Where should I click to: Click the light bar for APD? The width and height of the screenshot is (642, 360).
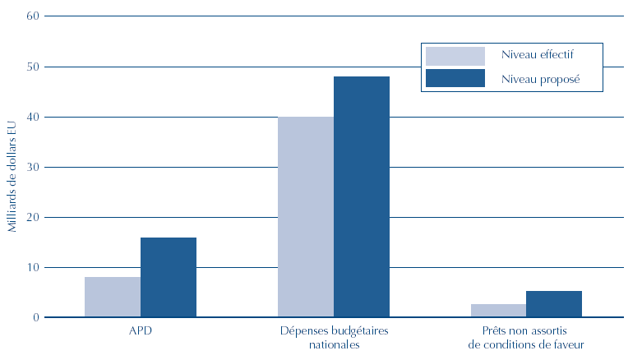(113, 297)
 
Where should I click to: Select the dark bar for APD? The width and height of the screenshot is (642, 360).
(169, 277)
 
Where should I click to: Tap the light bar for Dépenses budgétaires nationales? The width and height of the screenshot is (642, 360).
(306, 217)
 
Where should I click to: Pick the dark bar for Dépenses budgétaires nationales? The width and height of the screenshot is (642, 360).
(362, 197)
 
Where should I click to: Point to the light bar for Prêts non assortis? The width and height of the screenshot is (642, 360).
(498, 311)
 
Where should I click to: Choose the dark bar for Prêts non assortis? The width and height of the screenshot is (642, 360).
(554, 304)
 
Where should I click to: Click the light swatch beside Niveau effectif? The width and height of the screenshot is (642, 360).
(455, 55)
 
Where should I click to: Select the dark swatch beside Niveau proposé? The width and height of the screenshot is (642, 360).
(455, 79)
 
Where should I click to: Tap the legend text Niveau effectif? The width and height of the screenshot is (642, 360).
(537, 55)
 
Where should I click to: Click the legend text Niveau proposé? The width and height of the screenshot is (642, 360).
(540, 79)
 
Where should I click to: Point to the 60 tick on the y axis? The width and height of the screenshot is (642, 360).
(33, 16)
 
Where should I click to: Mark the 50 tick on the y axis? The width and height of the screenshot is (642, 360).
(33, 67)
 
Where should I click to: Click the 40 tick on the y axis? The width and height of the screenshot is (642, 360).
(33, 117)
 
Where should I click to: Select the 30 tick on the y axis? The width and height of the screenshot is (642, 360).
(33, 167)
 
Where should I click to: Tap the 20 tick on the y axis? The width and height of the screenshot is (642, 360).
(33, 217)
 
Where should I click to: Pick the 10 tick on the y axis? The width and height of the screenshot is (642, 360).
(33, 267)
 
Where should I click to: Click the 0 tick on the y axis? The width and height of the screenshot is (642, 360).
(36, 317)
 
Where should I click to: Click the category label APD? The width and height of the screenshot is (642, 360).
(141, 332)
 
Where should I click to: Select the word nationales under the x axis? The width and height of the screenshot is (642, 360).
(334, 345)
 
